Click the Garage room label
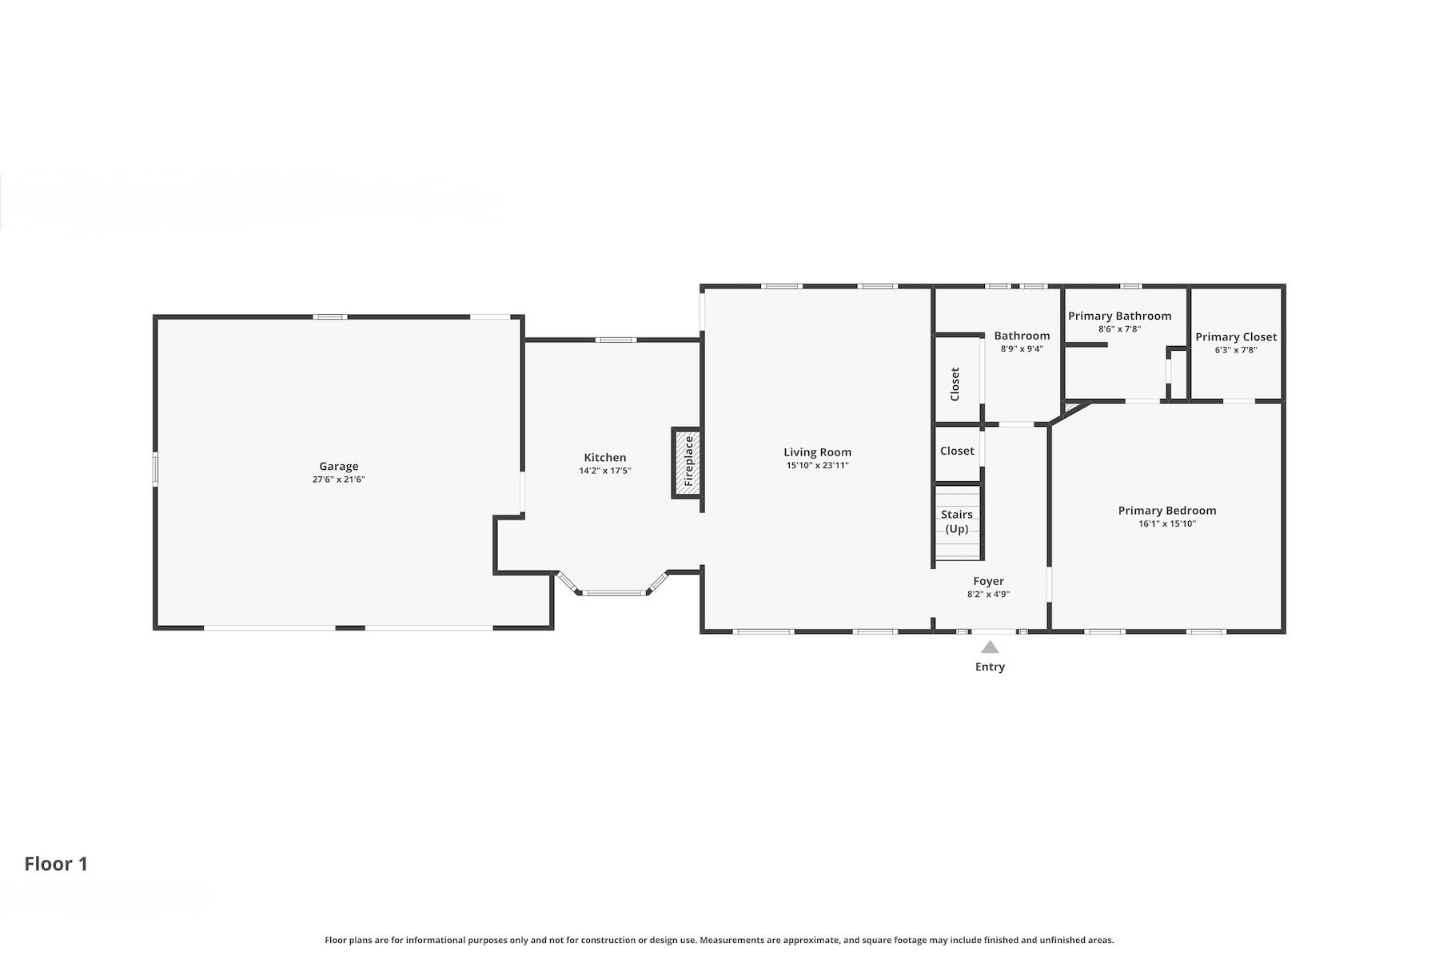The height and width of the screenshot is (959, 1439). tap(338, 466)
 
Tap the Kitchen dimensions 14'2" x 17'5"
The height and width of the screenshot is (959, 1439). tap(604, 472)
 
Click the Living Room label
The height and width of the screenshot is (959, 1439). tap(817, 452)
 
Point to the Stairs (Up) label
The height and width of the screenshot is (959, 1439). tap(956, 521)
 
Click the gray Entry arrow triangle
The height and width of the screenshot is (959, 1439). tap(990, 647)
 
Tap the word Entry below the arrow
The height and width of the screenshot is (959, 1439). tap(990, 667)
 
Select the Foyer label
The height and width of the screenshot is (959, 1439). tap(988, 581)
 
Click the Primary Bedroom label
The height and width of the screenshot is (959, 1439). tap(1166, 511)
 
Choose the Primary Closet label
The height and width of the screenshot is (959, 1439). tap(1235, 336)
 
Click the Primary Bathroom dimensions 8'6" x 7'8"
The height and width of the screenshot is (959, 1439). tap(1118, 329)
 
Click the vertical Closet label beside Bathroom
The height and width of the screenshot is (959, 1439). tap(955, 384)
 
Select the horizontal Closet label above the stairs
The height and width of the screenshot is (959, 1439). tap(956, 451)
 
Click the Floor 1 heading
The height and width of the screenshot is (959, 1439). tap(56, 864)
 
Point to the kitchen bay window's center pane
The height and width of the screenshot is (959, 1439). tap(613, 593)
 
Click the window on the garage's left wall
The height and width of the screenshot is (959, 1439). tap(156, 468)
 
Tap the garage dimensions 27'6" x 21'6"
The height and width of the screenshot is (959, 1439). tap(338, 479)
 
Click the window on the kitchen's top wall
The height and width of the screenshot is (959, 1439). tap(616, 340)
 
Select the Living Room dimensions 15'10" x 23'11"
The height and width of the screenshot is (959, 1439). tap(817, 465)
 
